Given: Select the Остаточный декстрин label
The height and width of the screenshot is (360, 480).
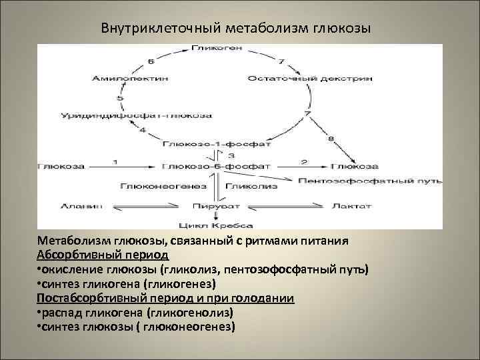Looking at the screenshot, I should [x=310, y=79].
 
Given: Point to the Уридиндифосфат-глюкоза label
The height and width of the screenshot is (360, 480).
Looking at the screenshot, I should [x=137, y=115].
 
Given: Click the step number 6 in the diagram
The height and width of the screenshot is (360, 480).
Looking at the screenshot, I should [x=151, y=61].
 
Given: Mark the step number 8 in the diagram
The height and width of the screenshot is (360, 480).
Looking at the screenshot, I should [x=331, y=138].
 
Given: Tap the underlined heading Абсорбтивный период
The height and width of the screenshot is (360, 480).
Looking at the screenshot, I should [x=103, y=255].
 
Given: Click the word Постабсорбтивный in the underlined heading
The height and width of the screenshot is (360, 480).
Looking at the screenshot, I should [x=87, y=298].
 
